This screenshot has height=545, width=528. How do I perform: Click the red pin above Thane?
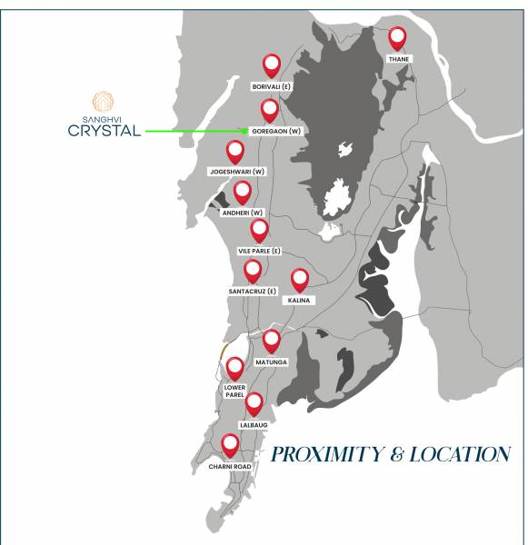click(x=397, y=38)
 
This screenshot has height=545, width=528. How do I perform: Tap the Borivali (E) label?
click(x=271, y=86)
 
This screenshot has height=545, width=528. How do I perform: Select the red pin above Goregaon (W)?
click(x=270, y=110)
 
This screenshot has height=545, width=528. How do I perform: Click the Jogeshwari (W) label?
click(x=236, y=171)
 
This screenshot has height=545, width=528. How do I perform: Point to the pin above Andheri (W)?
click(x=243, y=192)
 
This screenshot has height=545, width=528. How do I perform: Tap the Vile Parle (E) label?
click(x=260, y=250)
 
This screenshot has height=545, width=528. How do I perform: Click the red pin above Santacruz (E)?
click(x=253, y=270)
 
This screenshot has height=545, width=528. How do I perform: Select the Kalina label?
click(x=300, y=300)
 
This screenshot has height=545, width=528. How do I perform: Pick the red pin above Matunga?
click(x=271, y=341)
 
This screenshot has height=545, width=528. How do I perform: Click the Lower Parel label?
click(x=234, y=391)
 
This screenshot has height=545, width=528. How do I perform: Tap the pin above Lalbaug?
click(x=254, y=402)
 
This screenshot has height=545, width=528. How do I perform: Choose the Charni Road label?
click(x=229, y=466)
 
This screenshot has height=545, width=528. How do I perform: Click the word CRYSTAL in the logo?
click(x=105, y=130)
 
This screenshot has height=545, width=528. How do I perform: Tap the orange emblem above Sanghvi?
click(x=104, y=101)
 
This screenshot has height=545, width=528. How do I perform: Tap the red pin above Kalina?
click(x=300, y=280)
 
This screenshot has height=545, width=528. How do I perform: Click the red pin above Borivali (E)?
click(x=271, y=64)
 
